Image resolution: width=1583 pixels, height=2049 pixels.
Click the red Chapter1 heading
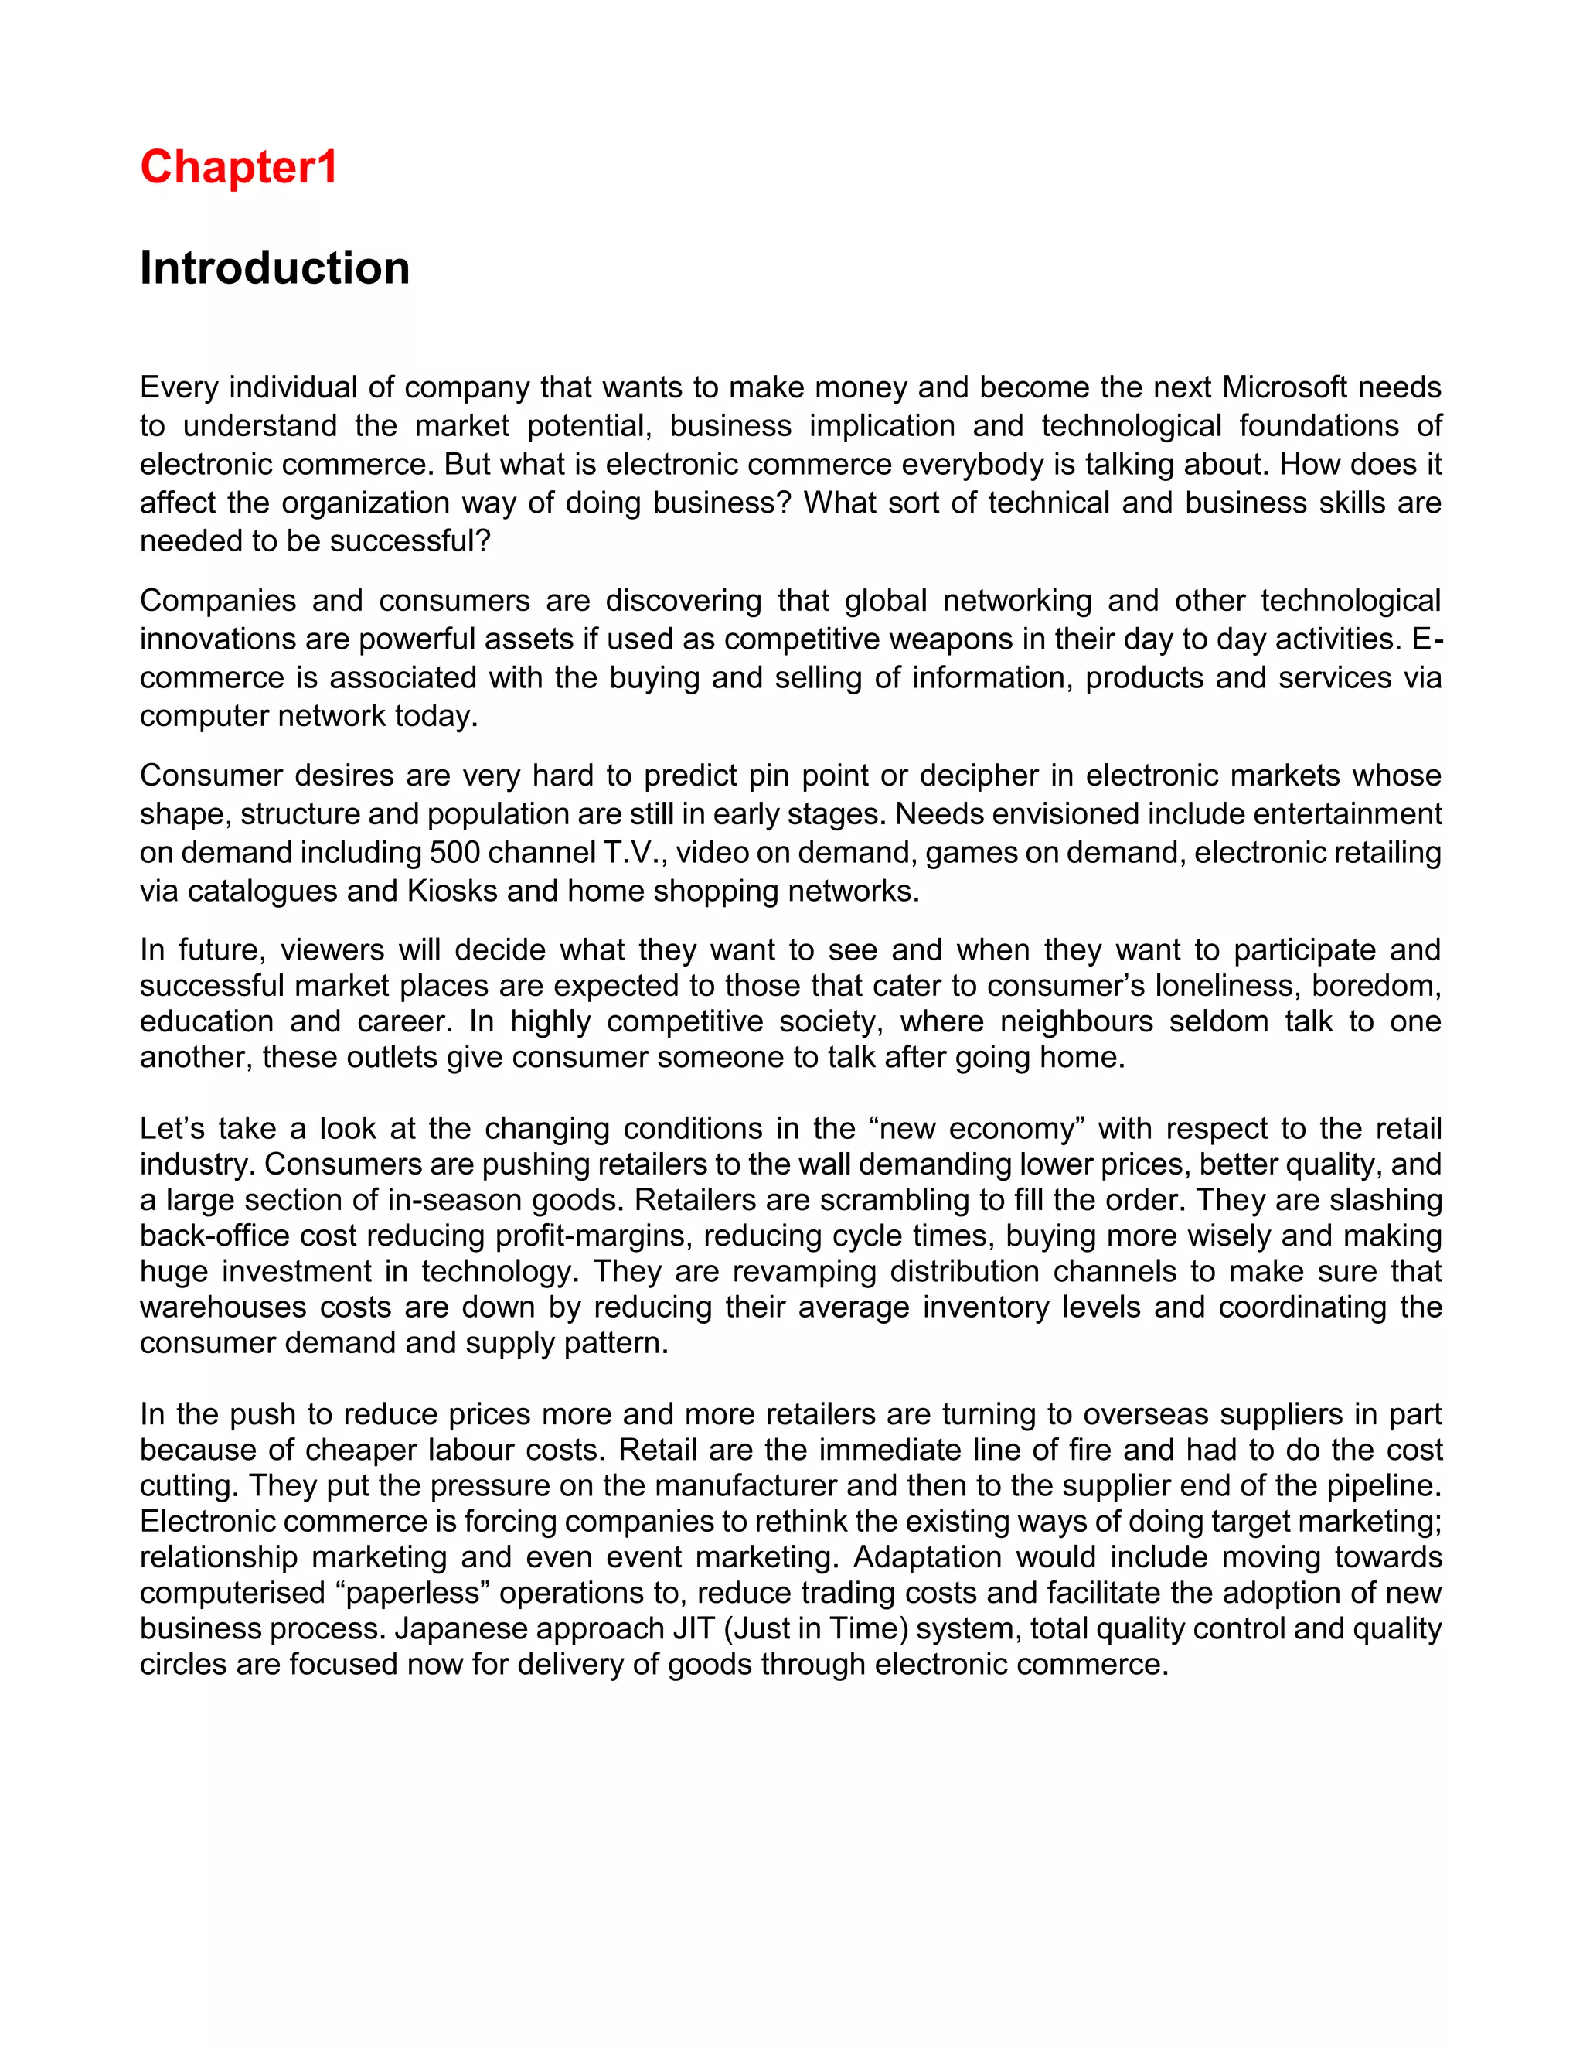click(238, 168)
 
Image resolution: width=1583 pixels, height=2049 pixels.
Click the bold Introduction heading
click(274, 268)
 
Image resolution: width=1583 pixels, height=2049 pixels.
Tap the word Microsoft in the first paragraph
click(1285, 387)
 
